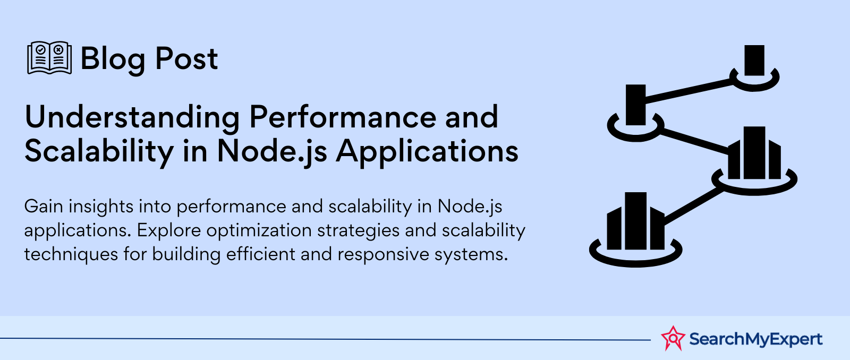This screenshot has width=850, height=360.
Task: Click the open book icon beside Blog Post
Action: coord(49,58)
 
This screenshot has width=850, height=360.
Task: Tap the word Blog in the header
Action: coord(113,59)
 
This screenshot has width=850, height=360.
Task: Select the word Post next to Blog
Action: coord(186,58)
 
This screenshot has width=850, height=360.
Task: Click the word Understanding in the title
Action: coord(132,118)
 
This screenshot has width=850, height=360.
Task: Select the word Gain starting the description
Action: coord(43,207)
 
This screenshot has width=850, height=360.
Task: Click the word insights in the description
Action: coord(101,207)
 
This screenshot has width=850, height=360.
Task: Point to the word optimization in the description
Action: coord(259,230)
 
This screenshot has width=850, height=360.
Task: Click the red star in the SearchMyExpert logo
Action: coord(673,338)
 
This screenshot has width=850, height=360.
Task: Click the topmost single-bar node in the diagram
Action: coord(754,68)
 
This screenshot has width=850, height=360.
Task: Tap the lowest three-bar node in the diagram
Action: coord(635,229)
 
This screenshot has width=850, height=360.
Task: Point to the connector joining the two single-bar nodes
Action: coord(688,91)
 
